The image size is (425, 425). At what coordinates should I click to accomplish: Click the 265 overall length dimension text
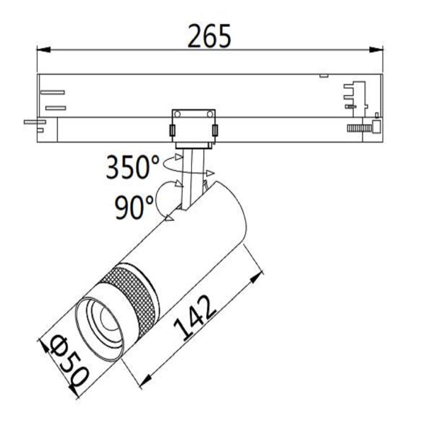pyautogui.click(x=209, y=35)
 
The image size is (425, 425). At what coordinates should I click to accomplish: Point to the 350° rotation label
pyautogui.click(x=133, y=168)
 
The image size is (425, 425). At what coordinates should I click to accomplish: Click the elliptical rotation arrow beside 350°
pyautogui.click(x=190, y=167)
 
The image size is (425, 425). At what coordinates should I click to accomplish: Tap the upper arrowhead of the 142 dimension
pyautogui.click(x=253, y=277)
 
